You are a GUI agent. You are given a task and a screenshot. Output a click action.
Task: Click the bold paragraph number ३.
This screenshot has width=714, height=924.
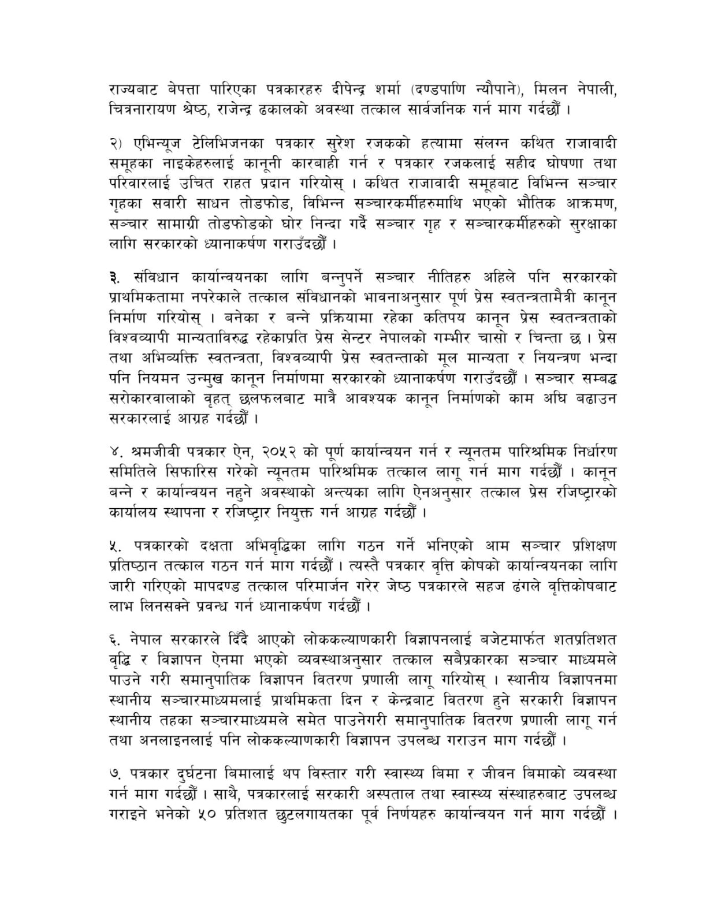(x=114, y=277)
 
